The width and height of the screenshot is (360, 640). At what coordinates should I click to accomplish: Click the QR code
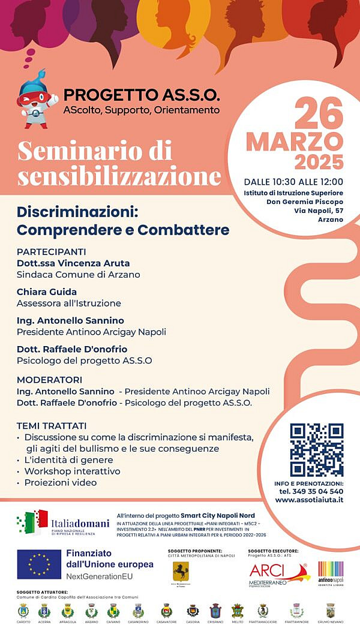click(316, 450)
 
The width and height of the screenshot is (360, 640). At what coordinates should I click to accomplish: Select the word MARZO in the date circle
click(295, 142)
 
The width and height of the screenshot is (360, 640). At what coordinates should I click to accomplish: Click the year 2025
click(319, 162)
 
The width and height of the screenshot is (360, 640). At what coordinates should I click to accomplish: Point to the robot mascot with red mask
click(37, 97)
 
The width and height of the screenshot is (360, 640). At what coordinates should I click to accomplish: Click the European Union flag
click(39, 564)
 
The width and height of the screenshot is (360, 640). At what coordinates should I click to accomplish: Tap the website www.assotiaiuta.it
click(309, 500)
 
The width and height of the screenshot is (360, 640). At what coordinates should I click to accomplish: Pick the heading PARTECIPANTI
click(52, 251)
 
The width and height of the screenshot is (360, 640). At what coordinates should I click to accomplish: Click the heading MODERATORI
click(50, 380)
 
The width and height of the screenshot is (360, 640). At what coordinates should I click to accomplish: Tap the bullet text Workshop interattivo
click(72, 471)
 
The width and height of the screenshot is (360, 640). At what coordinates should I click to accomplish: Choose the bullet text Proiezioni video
click(60, 482)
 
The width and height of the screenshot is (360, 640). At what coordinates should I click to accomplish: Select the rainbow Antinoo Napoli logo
click(330, 572)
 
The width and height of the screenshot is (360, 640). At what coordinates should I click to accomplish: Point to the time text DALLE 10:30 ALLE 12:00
click(293, 182)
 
